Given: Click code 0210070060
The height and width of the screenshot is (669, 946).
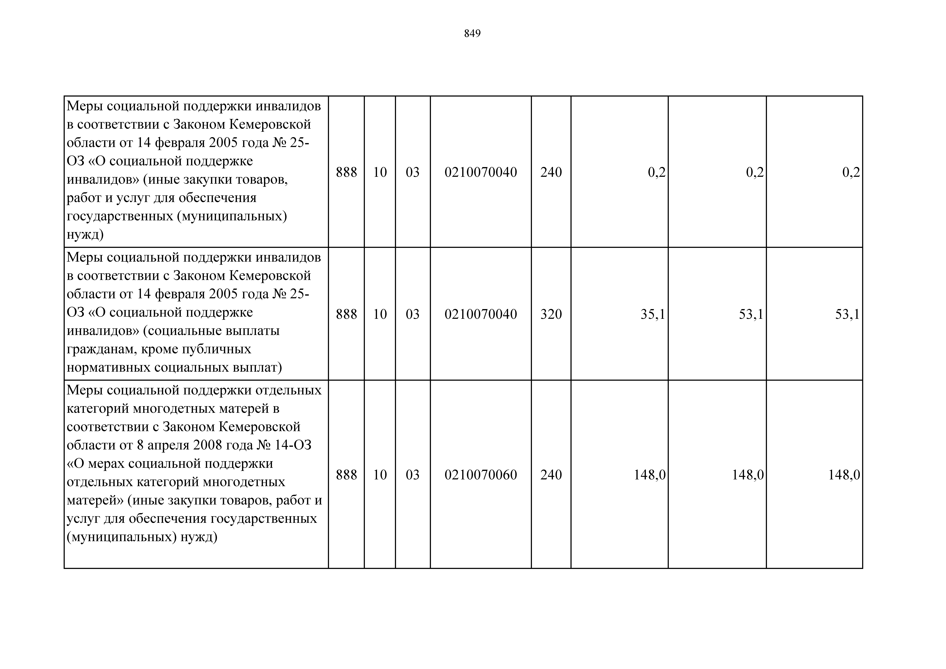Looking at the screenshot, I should pyautogui.click(x=480, y=475).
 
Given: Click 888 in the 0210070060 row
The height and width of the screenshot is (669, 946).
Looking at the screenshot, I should pyautogui.click(x=346, y=475).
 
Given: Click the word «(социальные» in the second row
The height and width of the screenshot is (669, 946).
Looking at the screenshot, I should pyautogui.click(x=183, y=331).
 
